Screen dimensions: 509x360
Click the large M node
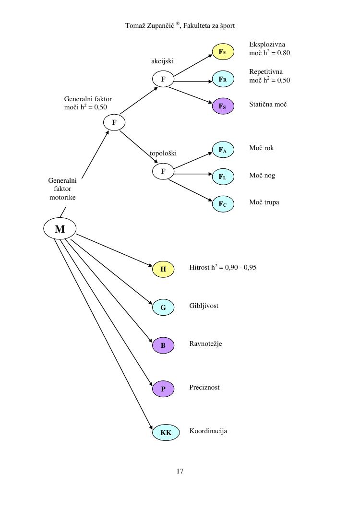60,229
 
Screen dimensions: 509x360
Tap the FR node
223,79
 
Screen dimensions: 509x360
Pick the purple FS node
223,106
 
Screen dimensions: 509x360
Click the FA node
223,150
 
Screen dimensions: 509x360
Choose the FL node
223,177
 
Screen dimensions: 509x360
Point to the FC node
223,204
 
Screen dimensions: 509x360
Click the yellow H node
163,269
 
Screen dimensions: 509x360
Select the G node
163,308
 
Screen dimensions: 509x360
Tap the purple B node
163,345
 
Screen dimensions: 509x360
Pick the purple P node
163,389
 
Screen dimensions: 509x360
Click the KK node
166,433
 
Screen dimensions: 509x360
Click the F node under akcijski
163,79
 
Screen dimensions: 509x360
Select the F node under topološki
163,171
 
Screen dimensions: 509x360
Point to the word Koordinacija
208,431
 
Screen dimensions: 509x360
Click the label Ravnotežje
205,344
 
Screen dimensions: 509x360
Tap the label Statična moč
268,104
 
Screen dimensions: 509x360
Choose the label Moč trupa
264,202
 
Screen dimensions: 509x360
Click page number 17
180,471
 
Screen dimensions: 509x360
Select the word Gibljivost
204,306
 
